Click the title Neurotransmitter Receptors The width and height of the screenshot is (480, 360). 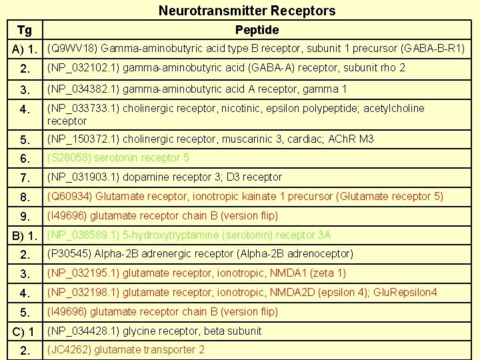247,11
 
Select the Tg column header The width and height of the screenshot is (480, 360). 24,30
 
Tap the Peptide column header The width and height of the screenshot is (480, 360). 257,30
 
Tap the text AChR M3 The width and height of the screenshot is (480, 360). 350,139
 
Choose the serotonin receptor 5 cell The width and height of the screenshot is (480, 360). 118,158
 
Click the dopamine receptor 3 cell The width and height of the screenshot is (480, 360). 164,177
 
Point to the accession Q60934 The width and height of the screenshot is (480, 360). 70,197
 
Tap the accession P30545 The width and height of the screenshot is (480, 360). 69,254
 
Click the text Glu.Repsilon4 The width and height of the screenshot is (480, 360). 405,293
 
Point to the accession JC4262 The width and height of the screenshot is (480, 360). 69,350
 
